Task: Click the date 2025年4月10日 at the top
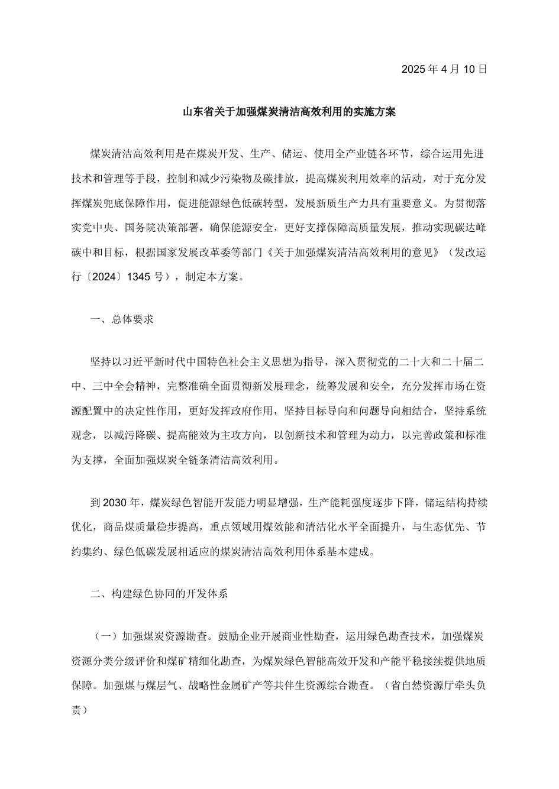click(444, 69)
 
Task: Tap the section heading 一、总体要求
click(122, 319)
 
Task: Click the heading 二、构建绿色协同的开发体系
click(159, 594)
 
